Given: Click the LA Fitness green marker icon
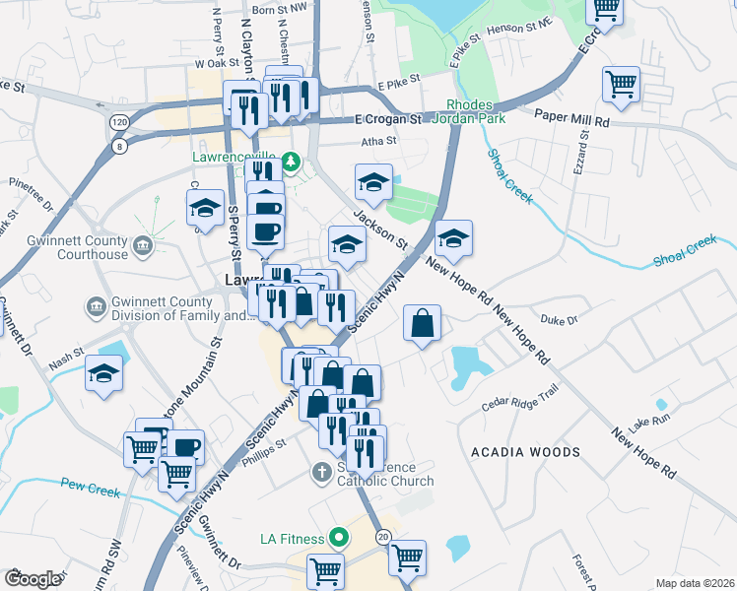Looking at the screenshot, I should (x=339, y=538).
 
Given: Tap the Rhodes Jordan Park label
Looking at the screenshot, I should (x=476, y=111).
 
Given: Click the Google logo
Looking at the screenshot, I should (x=33, y=579).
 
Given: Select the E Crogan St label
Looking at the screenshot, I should (x=388, y=119).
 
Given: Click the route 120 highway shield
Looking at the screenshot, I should (x=119, y=120).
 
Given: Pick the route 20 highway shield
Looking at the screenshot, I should (x=383, y=537).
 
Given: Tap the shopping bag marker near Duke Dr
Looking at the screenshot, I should (x=422, y=323).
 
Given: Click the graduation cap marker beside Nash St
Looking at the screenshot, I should (x=104, y=373).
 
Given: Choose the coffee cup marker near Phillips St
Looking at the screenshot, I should (x=185, y=445).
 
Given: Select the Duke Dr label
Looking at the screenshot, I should (x=559, y=319).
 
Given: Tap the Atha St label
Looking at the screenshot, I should (x=377, y=141).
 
